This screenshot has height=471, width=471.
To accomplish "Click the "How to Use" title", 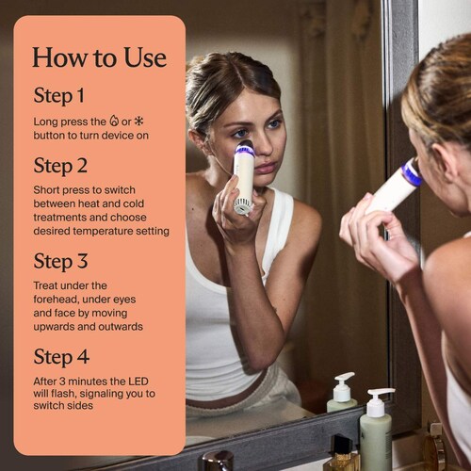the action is (x=99, y=57).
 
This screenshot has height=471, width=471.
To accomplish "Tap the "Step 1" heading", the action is (x=59, y=96).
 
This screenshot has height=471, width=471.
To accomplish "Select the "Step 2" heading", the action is (x=60, y=166).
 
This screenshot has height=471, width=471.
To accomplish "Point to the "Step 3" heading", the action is (x=60, y=262).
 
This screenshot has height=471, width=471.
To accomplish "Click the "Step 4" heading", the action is (x=61, y=357).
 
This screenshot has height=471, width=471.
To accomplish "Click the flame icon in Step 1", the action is (x=114, y=121).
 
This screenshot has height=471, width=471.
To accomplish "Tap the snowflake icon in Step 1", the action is (x=138, y=122).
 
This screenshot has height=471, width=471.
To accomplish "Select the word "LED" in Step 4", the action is (x=138, y=382).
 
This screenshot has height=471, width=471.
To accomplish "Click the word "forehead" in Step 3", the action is (x=53, y=300).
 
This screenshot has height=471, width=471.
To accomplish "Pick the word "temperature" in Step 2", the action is (x=103, y=231).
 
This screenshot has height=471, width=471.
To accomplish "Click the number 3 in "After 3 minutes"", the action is (x=62, y=382).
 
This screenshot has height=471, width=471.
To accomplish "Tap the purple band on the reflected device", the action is (x=245, y=150).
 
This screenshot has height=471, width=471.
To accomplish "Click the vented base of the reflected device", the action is (x=242, y=207).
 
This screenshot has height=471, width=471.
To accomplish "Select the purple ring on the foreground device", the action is (x=413, y=173).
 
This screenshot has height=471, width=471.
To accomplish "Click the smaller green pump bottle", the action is (x=342, y=393).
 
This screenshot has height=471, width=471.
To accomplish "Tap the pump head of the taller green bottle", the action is (x=380, y=398).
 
